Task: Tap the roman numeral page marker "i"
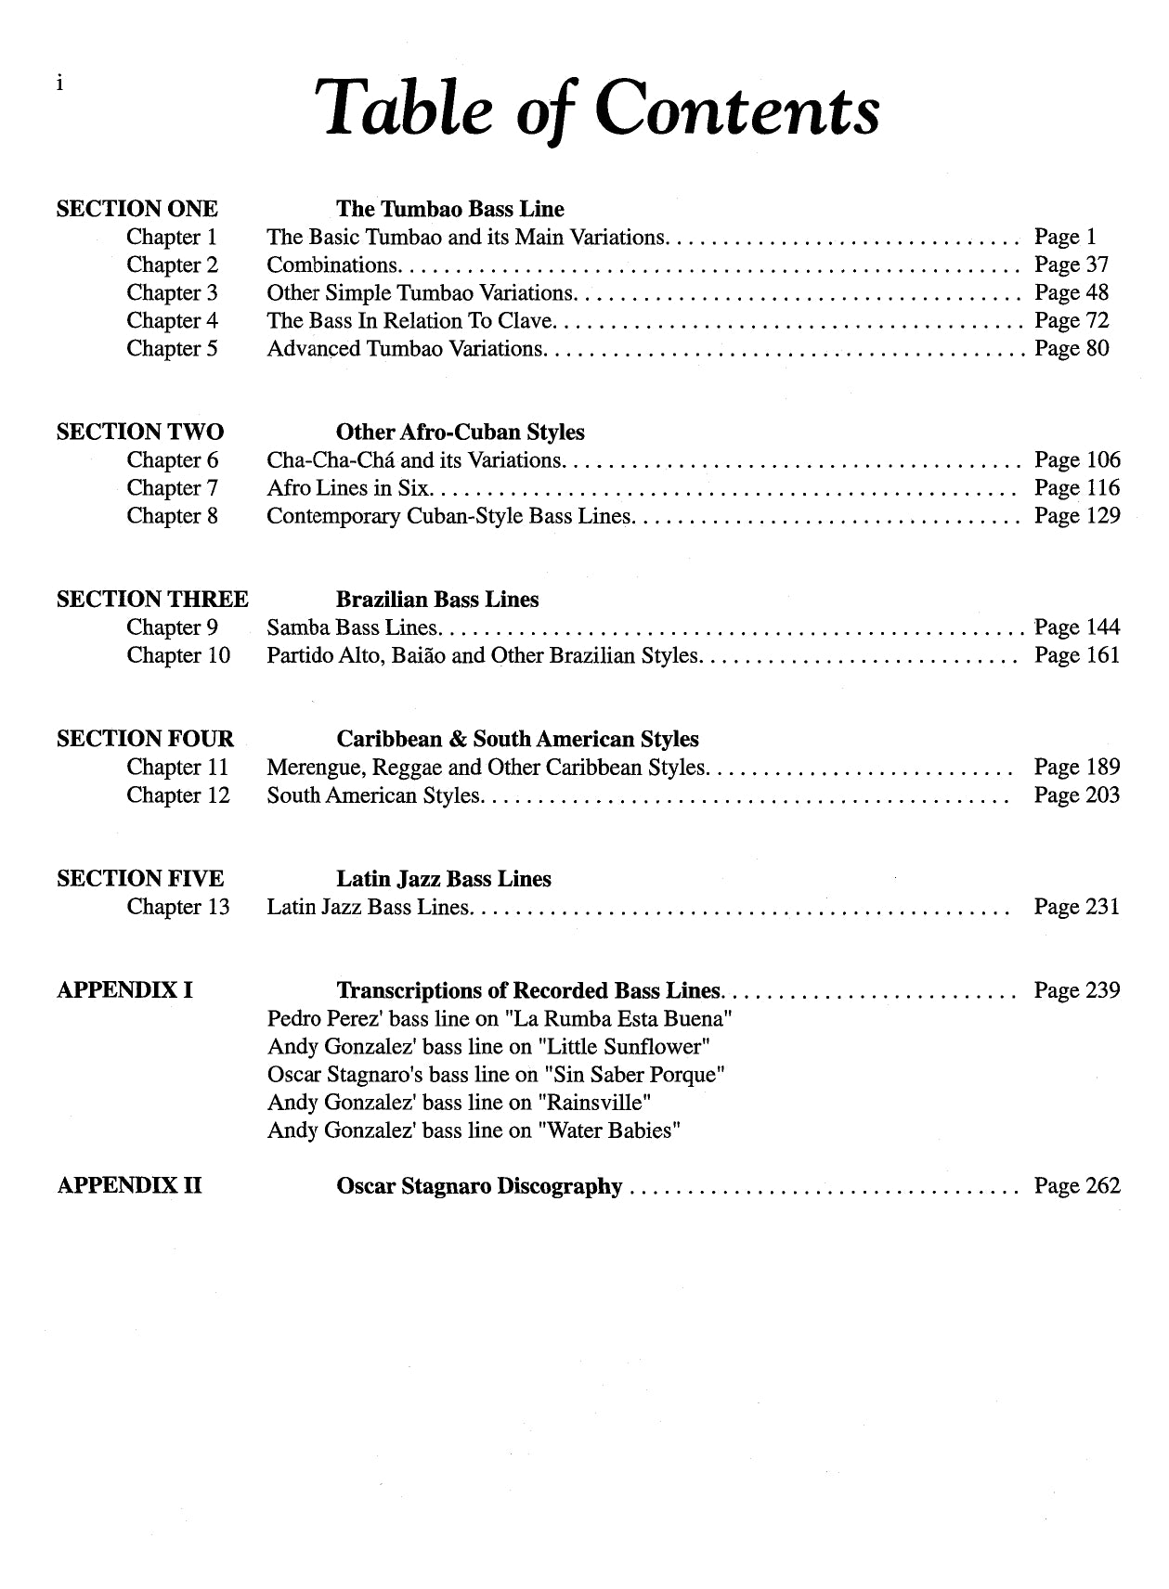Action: pos(59,84)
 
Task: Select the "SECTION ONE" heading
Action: pos(136,209)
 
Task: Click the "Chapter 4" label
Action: pos(172,321)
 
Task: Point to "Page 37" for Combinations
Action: pos(1072,265)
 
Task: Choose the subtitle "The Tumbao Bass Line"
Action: pos(449,209)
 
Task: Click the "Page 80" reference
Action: pos(1072,349)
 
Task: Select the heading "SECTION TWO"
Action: pos(139,432)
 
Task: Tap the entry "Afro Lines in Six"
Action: pos(347,488)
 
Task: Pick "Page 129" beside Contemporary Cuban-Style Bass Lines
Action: pos(1077,516)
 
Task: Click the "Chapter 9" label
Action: pos(172,628)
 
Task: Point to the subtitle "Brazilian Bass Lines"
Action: pos(436,600)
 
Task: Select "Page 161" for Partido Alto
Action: pos(1077,656)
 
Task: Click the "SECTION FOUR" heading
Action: pos(145,739)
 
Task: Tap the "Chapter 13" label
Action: pos(177,907)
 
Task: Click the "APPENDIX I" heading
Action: pos(124,990)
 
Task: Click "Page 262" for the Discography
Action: pos(1077,1186)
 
